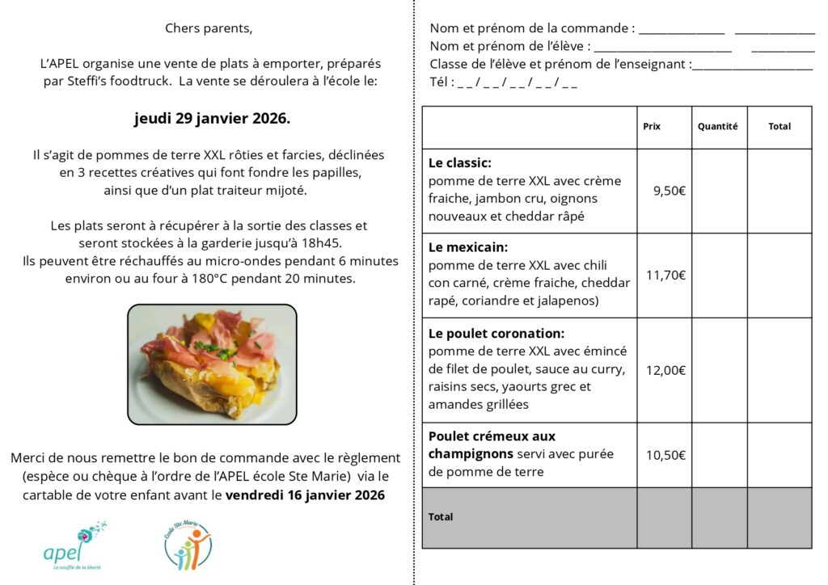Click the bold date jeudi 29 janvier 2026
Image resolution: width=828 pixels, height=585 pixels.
(x=211, y=119)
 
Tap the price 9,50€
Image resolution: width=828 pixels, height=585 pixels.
(x=670, y=191)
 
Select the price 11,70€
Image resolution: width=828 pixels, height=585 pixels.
(x=665, y=275)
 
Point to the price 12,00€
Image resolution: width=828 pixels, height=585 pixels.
(x=665, y=370)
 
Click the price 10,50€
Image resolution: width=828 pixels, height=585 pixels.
(x=665, y=454)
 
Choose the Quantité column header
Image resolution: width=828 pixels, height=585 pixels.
(x=718, y=126)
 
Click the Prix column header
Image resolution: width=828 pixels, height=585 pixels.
(x=652, y=126)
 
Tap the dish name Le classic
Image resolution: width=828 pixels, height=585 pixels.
(x=460, y=162)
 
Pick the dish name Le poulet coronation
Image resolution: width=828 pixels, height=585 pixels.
(x=496, y=333)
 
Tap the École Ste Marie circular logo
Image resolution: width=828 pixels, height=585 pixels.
(x=188, y=545)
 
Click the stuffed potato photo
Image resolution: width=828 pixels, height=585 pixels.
(x=212, y=364)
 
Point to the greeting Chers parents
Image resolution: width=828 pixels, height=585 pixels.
(x=209, y=28)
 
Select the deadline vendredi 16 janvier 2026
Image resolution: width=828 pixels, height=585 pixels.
(x=305, y=494)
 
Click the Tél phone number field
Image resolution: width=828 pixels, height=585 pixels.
(x=517, y=82)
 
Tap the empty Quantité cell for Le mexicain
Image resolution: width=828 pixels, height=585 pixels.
(x=719, y=275)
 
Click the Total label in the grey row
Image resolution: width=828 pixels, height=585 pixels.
(x=441, y=516)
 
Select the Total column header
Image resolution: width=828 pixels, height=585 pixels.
(x=779, y=126)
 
